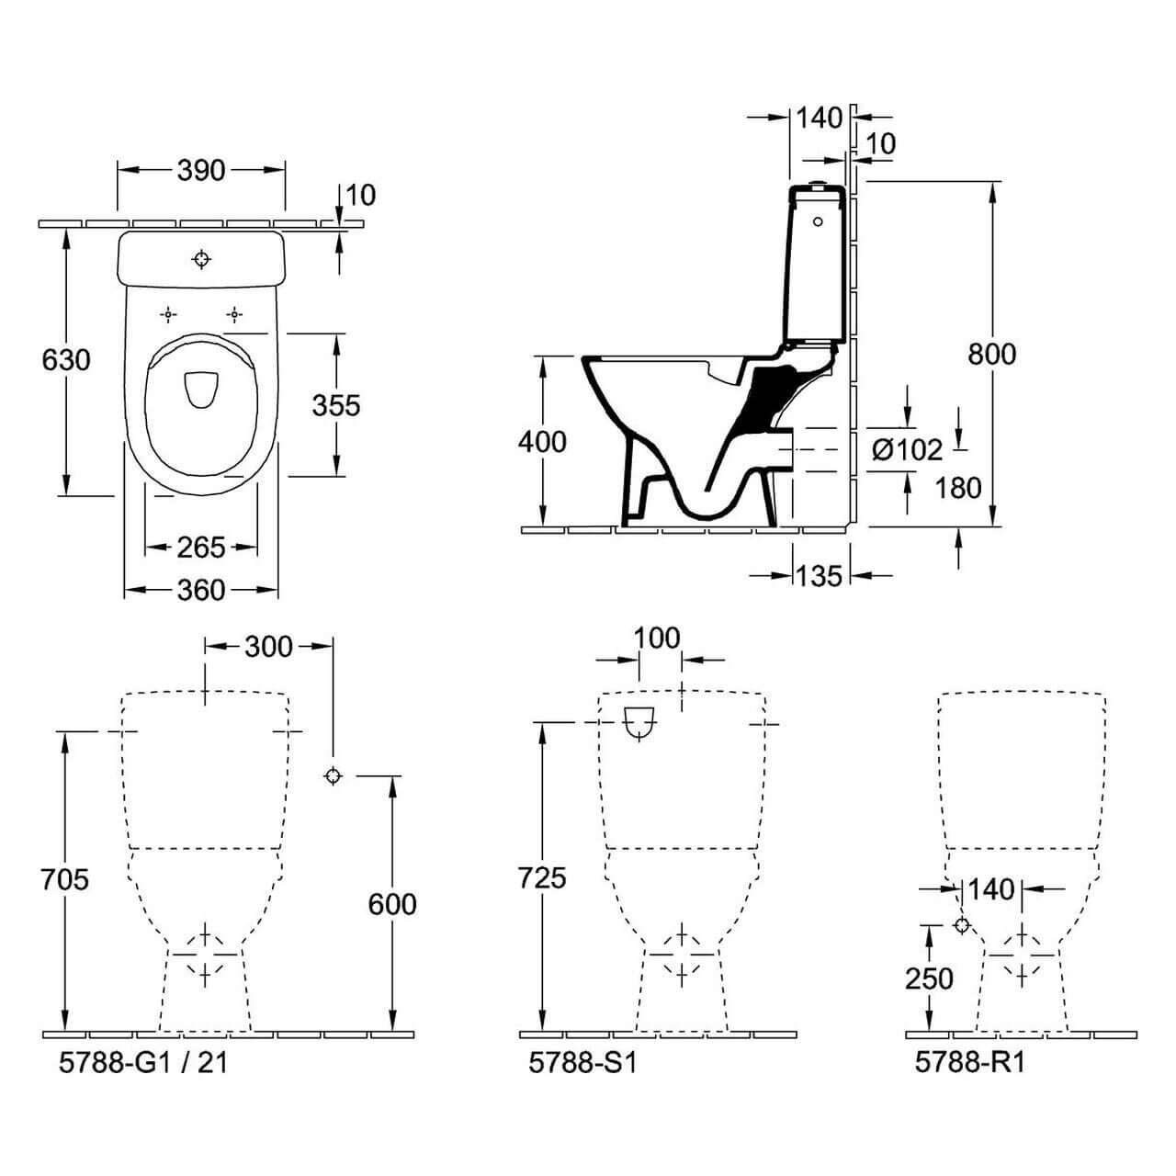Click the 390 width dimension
[x=200, y=170]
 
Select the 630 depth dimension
[x=66, y=359]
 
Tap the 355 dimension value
[x=335, y=404]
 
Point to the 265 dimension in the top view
[x=200, y=548]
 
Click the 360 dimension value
[x=200, y=590]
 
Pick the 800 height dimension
[x=992, y=354]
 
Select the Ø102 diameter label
[x=907, y=449]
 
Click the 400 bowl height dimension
[x=542, y=442]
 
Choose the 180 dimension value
[x=958, y=488]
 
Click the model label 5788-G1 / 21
[x=142, y=1062]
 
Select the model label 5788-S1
[x=582, y=1062]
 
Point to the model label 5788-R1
[x=969, y=1062]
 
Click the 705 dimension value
[x=65, y=879]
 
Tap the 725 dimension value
[x=542, y=878]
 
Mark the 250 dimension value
[x=929, y=978]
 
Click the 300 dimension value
[x=268, y=647]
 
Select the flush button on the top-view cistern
[x=201, y=259]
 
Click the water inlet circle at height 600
[x=333, y=775]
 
